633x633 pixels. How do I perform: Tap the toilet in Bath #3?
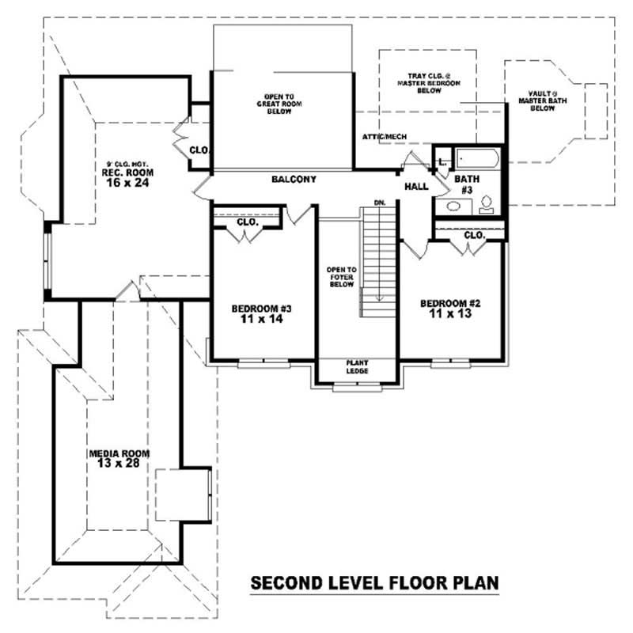487,205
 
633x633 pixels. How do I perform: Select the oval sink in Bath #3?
453,207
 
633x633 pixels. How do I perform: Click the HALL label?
416,187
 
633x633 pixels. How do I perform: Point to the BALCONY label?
294,180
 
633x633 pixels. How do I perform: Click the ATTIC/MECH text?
385,137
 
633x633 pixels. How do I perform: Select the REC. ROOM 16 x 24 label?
127,176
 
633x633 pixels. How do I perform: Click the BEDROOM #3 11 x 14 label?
262,313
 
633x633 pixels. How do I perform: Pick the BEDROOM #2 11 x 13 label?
450,308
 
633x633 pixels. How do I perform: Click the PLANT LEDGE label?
357,368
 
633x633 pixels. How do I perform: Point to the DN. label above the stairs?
379,203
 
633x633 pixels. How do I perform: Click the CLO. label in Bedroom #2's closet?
474,235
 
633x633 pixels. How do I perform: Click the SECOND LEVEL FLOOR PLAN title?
374,583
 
